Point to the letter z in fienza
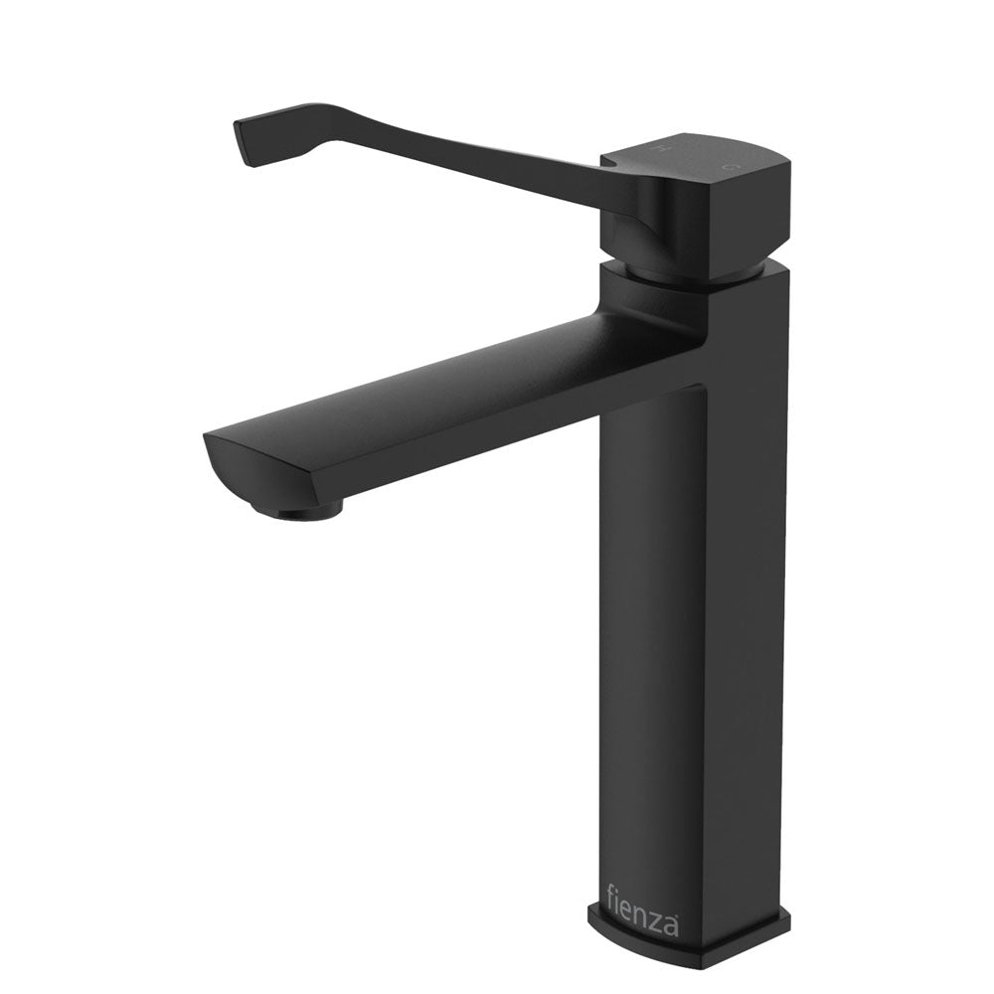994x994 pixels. (x=658, y=922)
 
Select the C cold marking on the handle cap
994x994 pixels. (x=731, y=163)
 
